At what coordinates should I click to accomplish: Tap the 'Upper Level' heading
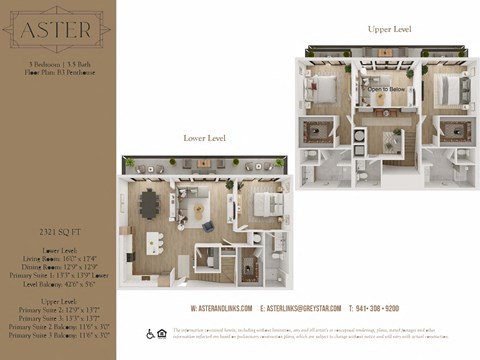[x=388, y=30]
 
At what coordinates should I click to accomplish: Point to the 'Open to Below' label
[x=385, y=89]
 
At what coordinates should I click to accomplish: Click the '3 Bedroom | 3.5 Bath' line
[x=56, y=63]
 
